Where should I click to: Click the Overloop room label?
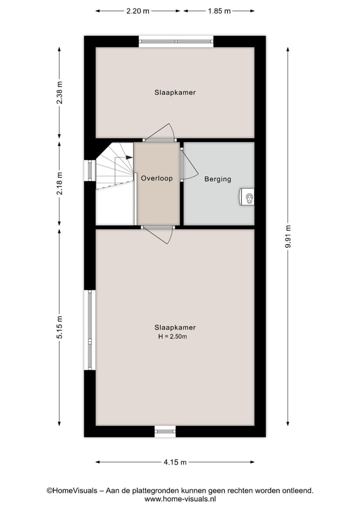pyautogui.click(x=156, y=178)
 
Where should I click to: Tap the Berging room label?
pyautogui.click(x=217, y=179)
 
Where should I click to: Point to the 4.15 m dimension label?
pyautogui.click(x=175, y=463)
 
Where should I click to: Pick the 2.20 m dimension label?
pyautogui.click(x=138, y=10)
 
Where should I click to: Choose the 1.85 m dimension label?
pyautogui.click(x=219, y=10)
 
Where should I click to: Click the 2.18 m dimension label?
pyautogui.click(x=59, y=183)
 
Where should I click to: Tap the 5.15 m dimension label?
pyautogui.click(x=59, y=328)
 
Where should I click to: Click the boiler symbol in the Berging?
pyautogui.click(x=248, y=197)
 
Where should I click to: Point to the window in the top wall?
pyautogui.click(x=176, y=41)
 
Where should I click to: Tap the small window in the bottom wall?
pyautogui.click(x=165, y=431)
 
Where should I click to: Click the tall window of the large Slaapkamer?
pyautogui.click(x=90, y=330)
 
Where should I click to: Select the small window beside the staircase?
pyautogui.click(x=90, y=170)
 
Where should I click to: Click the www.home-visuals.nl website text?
pyautogui.click(x=180, y=499)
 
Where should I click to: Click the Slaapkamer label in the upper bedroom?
pyautogui.click(x=175, y=92)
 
